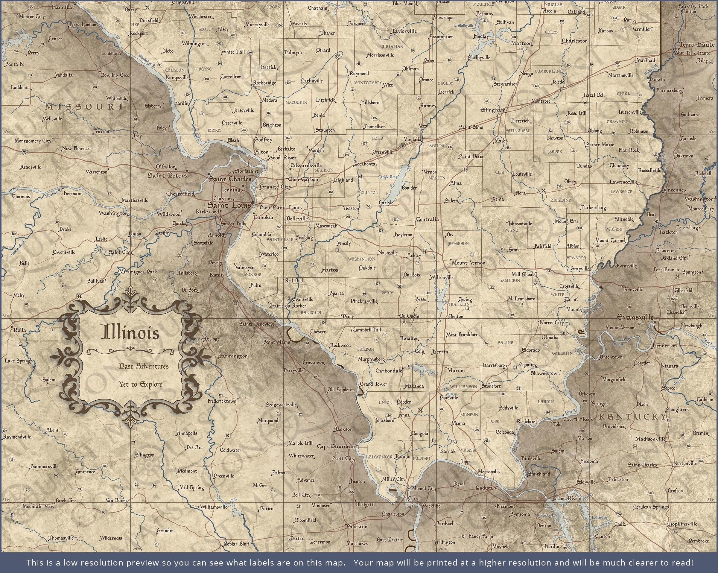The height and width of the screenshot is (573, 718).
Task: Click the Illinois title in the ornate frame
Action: pyautogui.click(x=130, y=332)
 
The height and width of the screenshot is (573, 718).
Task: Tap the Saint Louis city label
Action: pyautogui.click(x=229, y=205)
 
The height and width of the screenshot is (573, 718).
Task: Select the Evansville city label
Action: pyautogui.click(x=635, y=317)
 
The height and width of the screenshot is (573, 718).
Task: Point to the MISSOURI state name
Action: pyautogui.click(x=84, y=107)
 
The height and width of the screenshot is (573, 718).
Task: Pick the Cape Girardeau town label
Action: pyautogui.click(x=336, y=446)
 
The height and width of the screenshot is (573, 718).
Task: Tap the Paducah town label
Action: pyautogui.click(x=486, y=487)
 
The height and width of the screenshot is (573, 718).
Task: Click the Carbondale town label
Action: pyautogui.click(x=389, y=370)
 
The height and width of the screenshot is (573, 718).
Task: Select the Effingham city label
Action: pyautogui.click(x=492, y=110)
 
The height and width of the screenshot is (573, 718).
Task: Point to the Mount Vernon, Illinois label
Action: pyautogui.click(x=468, y=262)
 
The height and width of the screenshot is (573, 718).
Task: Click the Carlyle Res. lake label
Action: pyautogui.click(x=387, y=177)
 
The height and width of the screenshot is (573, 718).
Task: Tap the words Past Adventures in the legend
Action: pyautogui.click(x=144, y=366)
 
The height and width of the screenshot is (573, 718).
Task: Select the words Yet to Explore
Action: pyautogui.click(x=141, y=384)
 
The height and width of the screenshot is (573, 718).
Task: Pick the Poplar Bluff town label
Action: pyautogui.click(x=236, y=544)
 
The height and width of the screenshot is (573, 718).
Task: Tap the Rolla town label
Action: pyautogui.click(x=19, y=330)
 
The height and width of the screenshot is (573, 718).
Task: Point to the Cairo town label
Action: pyautogui.click(x=414, y=499)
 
